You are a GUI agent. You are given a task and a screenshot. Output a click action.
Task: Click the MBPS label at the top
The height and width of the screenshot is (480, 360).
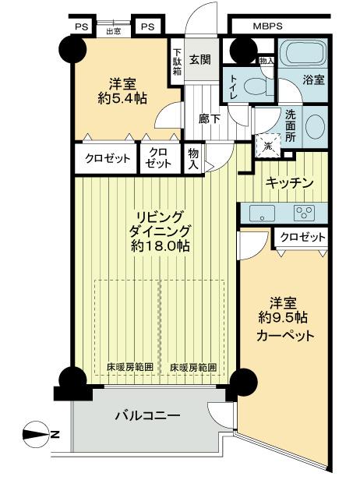tap(267, 26)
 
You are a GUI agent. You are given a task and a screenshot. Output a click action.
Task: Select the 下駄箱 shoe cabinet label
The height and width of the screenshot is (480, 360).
tap(177, 59)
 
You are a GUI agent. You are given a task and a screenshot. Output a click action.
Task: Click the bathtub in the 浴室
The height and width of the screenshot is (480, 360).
tap(304, 57)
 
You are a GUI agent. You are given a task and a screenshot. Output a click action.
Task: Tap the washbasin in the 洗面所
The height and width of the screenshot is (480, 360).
tap(315, 127)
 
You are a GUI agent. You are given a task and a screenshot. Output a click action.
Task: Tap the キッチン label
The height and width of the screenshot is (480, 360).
tap(289, 182)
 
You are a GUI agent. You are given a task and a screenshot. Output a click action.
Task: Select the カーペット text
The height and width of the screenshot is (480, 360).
tap(285, 337)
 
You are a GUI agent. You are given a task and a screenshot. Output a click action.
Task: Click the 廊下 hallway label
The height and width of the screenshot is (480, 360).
tap(209, 119)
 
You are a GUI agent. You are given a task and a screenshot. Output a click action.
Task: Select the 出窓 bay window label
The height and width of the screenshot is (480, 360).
tap(113, 31)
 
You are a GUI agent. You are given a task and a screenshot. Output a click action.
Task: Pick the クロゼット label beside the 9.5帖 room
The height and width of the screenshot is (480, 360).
tap(301, 238)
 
